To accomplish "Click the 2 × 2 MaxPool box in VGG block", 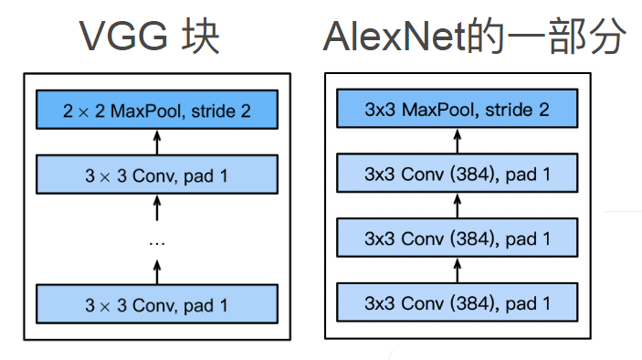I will click(x=155, y=111).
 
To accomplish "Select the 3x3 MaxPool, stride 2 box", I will click(x=457, y=111).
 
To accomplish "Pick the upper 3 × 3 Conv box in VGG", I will click(x=155, y=175).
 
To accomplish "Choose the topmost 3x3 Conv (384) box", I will click(x=457, y=174).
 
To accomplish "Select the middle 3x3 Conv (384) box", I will click(x=457, y=238).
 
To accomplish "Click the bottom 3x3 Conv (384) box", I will click(x=457, y=302).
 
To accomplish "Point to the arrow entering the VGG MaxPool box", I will click(x=155, y=143).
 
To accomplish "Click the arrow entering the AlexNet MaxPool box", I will click(x=457, y=142).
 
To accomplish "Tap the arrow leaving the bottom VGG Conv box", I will click(x=155, y=271).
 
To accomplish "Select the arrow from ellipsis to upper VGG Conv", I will click(x=155, y=208).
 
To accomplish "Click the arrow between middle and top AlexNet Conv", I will click(x=457, y=206).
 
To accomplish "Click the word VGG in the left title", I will click(x=121, y=37).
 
